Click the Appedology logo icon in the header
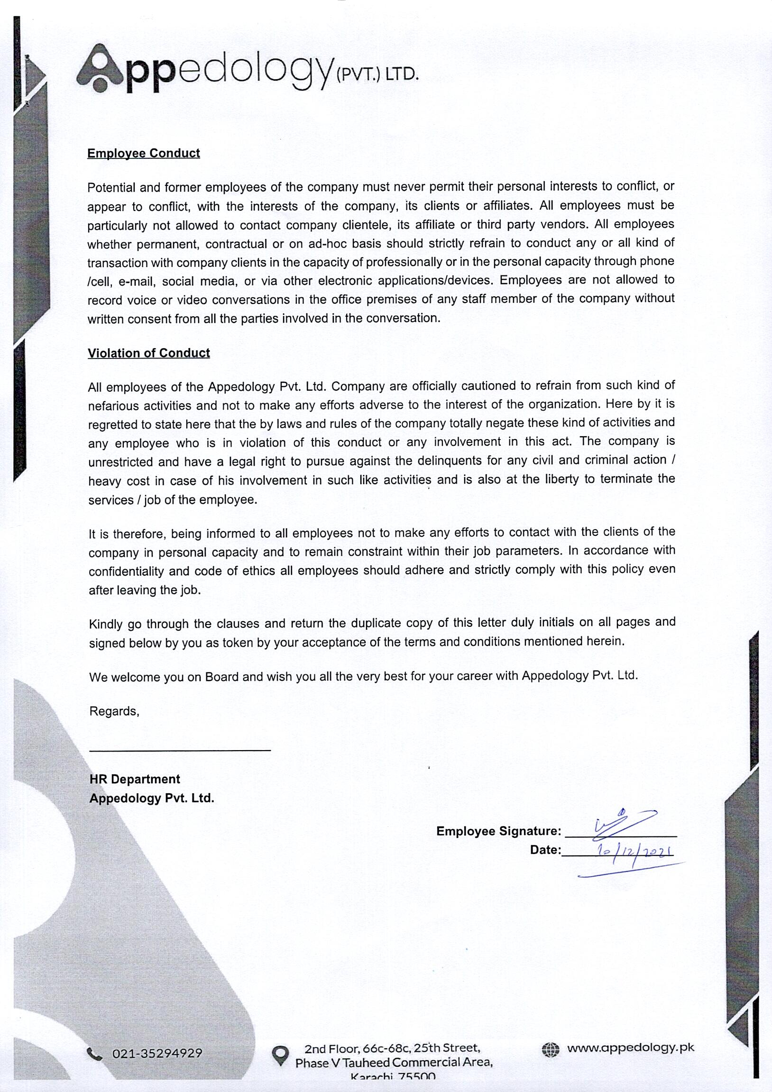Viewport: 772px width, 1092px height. (x=101, y=69)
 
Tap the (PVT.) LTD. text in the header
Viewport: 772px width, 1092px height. (x=377, y=74)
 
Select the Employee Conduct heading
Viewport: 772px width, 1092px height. (x=144, y=153)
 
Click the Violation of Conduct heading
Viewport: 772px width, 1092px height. (x=149, y=353)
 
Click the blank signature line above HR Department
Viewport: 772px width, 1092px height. (x=180, y=750)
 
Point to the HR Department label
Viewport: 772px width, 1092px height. (x=135, y=779)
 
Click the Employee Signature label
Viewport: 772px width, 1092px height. (x=498, y=831)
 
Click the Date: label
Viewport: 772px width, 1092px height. (x=545, y=850)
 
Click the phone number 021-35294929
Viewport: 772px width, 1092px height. (x=157, y=1054)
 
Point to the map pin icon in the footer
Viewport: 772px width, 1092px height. (x=280, y=1055)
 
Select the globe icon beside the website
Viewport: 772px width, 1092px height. (x=551, y=1049)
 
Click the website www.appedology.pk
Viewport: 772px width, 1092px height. (x=630, y=1047)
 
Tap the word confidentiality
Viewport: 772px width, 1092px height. (x=126, y=571)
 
